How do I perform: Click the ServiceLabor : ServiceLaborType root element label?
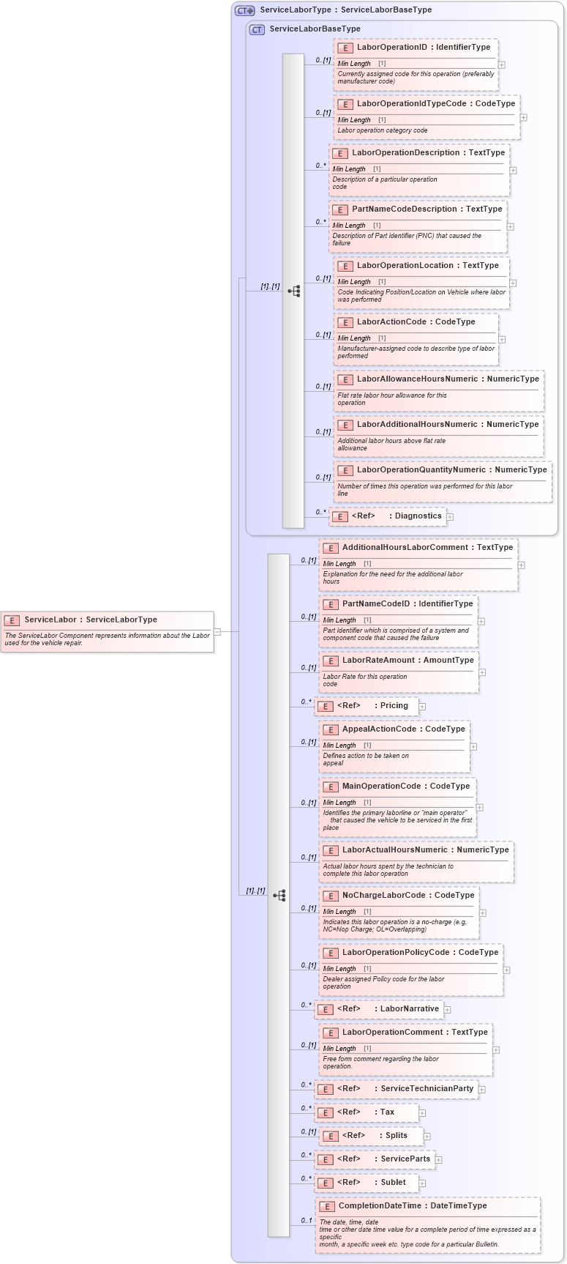tap(91, 620)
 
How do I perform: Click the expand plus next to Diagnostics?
tap(450, 517)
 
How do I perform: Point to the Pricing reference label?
tap(394, 706)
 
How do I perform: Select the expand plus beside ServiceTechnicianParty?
tap(481, 1090)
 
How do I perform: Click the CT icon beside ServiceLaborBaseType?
tap(257, 30)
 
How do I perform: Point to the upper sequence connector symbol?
tap(294, 291)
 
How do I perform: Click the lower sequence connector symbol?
tap(279, 896)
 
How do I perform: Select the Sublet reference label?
tap(393, 1182)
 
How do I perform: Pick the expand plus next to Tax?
tap(422, 1113)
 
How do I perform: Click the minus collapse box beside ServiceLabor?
tap(217, 631)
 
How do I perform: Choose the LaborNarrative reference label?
tap(410, 1009)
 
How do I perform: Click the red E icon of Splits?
tap(331, 1137)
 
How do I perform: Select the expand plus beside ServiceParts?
tap(438, 1159)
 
